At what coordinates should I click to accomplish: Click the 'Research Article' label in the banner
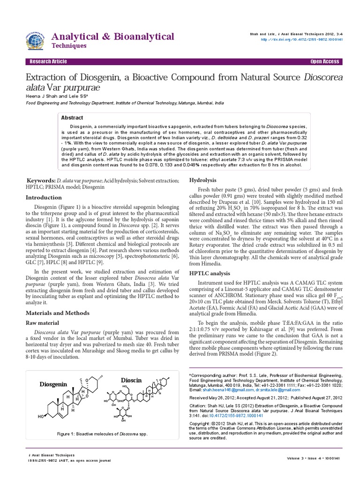pos(48,62)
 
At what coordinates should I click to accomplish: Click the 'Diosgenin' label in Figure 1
pos(53,384)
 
